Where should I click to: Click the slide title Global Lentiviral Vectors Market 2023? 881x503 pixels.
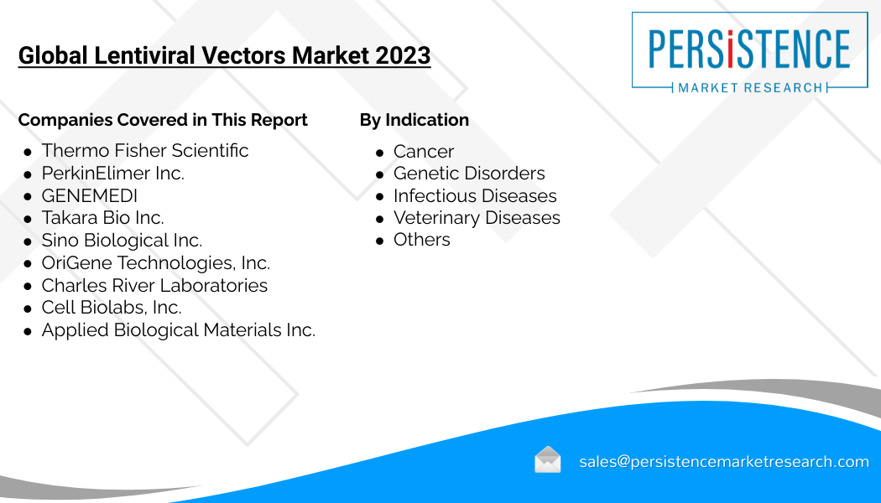[224, 55]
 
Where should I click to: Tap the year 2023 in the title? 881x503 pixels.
[403, 55]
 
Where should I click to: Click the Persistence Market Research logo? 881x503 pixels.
[749, 52]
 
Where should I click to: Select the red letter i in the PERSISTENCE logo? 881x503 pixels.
[731, 49]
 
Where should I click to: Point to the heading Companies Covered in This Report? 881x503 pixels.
[163, 120]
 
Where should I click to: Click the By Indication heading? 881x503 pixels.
[414, 120]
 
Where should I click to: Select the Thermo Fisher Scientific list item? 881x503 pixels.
[145, 150]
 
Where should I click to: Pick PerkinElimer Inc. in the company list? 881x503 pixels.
[113, 173]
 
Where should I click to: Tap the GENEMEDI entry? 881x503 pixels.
[89, 195]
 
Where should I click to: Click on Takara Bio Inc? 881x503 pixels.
[103, 218]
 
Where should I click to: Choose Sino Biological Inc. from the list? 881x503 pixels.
[122, 241]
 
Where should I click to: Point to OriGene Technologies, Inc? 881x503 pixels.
[156, 262]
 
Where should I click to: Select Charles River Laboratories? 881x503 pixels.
[154, 285]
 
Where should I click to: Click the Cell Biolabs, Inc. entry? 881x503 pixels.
[112, 308]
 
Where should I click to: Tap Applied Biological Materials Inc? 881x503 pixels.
[179, 330]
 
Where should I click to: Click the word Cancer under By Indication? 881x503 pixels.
[424, 151]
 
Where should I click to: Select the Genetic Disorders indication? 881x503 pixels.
[469, 173]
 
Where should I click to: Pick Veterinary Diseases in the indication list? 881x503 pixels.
[477, 218]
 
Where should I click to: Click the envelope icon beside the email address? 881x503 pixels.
[548, 459]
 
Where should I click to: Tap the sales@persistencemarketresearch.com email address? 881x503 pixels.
[724, 461]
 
